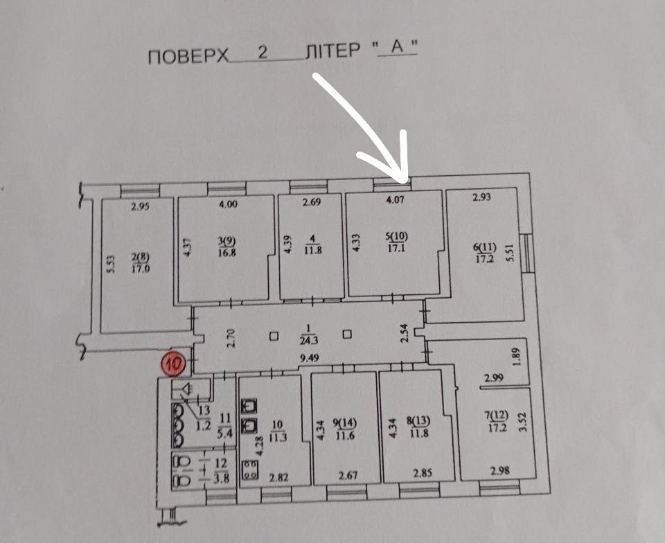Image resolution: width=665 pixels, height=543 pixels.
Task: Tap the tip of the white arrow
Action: point(407,181)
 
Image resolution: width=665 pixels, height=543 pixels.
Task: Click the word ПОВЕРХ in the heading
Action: point(188,55)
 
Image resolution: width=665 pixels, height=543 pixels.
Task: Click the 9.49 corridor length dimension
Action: point(309,359)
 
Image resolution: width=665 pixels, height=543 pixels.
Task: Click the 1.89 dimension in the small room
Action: point(515,358)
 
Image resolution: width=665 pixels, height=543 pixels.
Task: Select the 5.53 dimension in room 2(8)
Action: point(110,266)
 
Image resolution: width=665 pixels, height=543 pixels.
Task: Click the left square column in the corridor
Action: point(274,337)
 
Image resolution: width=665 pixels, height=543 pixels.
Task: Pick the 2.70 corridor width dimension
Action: point(233,337)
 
